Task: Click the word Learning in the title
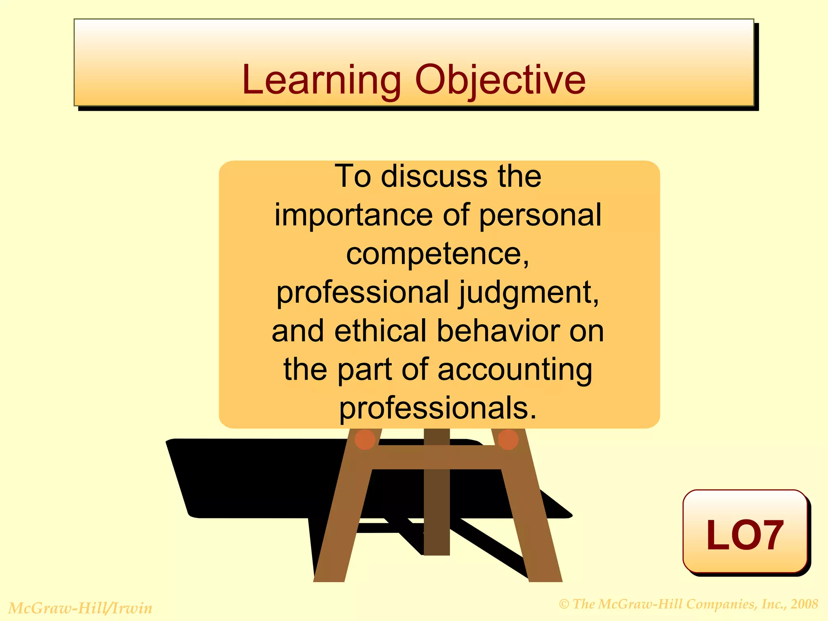click(321, 81)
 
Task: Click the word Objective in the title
click(500, 81)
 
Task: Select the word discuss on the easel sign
click(434, 177)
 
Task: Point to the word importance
click(354, 215)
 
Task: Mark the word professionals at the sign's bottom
click(437, 408)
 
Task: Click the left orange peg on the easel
click(365, 440)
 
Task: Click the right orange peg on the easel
click(508, 440)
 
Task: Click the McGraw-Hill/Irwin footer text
click(80, 608)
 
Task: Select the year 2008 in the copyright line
click(804, 604)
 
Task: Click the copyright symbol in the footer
click(564, 604)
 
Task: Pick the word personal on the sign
click(540, 215)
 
